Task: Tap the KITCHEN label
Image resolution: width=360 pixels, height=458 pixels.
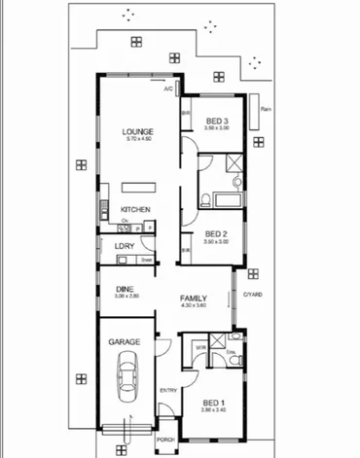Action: [134, 210]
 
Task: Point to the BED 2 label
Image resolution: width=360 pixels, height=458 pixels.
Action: [216, 233]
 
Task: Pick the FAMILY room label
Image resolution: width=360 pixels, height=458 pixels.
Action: [195, 299]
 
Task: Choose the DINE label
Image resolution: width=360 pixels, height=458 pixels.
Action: [125, 289]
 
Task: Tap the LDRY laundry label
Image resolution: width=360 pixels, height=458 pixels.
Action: [124, 246]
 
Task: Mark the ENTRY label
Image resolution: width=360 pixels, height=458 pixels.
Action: [167, 391]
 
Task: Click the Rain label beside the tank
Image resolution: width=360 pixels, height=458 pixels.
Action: [266, 108]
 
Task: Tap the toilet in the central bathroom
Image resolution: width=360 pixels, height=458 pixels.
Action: [206, 200]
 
